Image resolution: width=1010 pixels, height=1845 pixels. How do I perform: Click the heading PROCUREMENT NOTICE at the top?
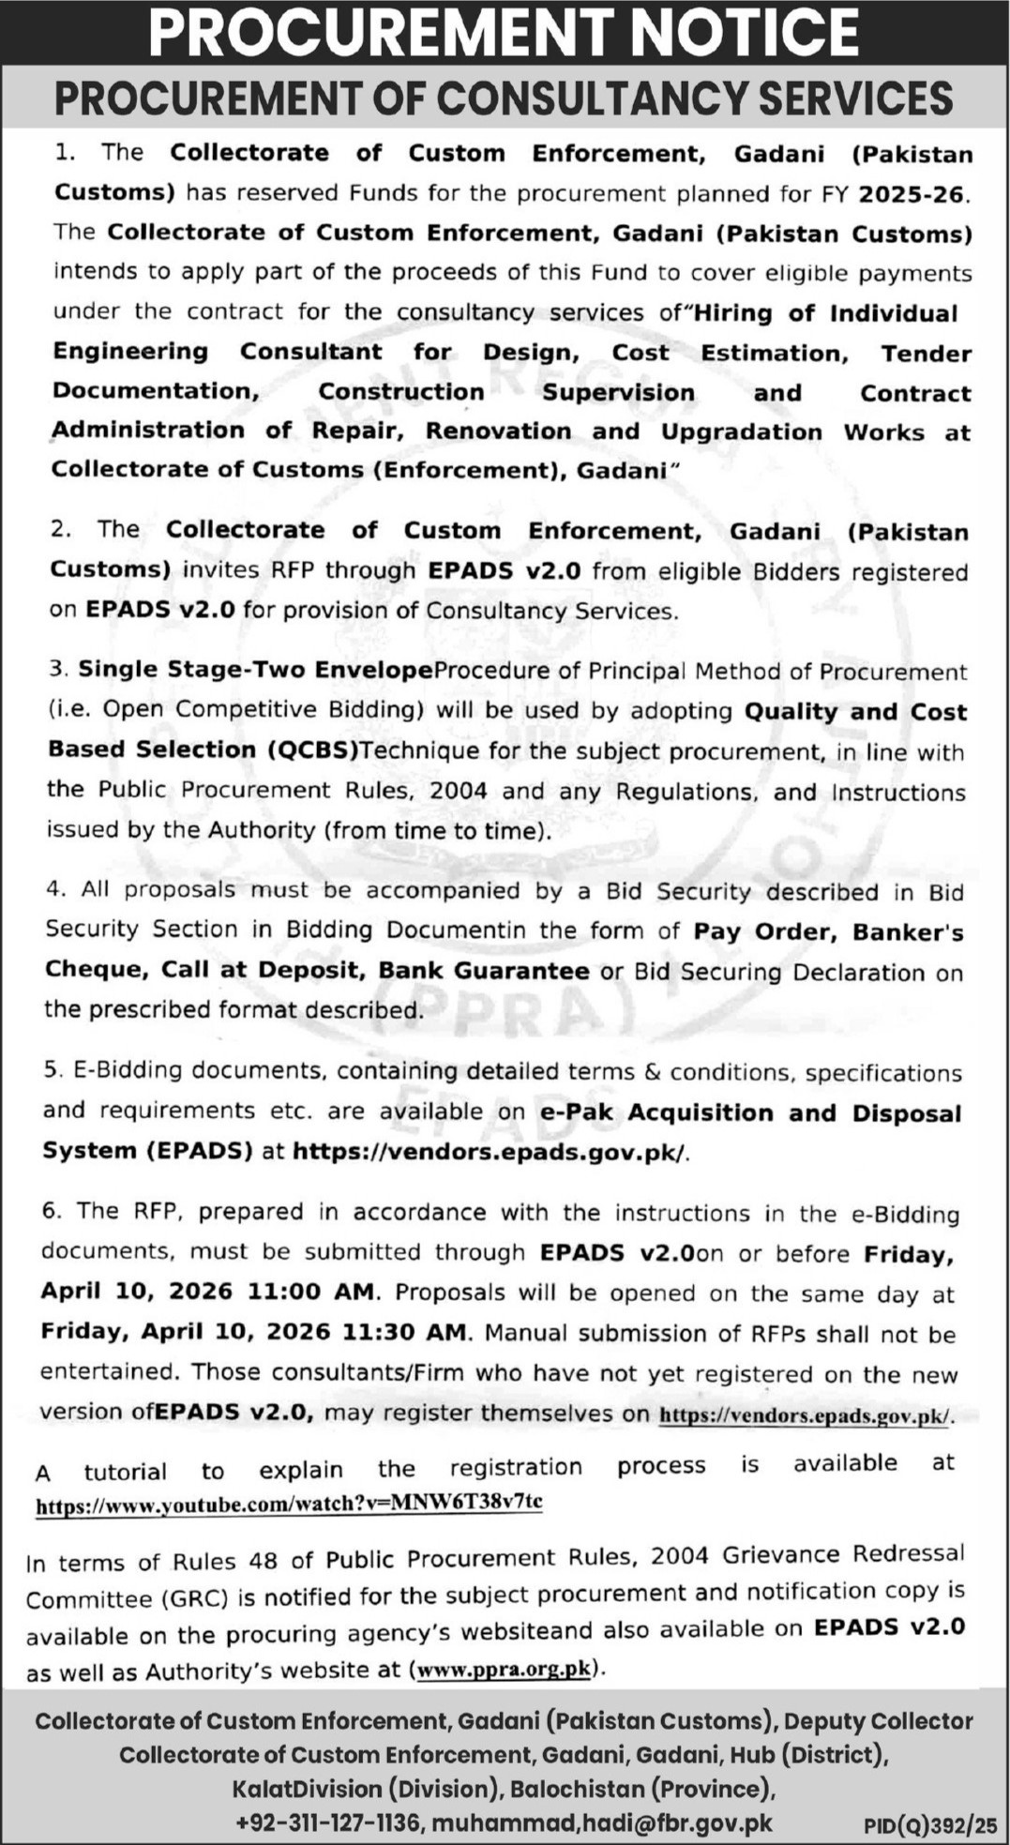[505, 32]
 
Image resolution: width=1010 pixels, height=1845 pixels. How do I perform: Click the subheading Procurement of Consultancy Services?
[505, 98]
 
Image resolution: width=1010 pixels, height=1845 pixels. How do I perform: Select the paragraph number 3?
[59, 670]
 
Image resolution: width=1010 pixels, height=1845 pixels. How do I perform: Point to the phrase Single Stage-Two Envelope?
[256, 670]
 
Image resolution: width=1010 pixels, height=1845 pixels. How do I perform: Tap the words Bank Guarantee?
[484, 971]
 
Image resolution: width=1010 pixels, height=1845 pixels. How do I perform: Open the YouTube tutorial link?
[289, 1503]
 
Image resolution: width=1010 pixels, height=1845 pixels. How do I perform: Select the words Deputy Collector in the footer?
[879, 1721]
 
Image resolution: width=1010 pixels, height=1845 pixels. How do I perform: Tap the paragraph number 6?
[51, 1211]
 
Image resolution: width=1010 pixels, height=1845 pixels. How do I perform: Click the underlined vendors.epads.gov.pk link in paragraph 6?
[805, 1415]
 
